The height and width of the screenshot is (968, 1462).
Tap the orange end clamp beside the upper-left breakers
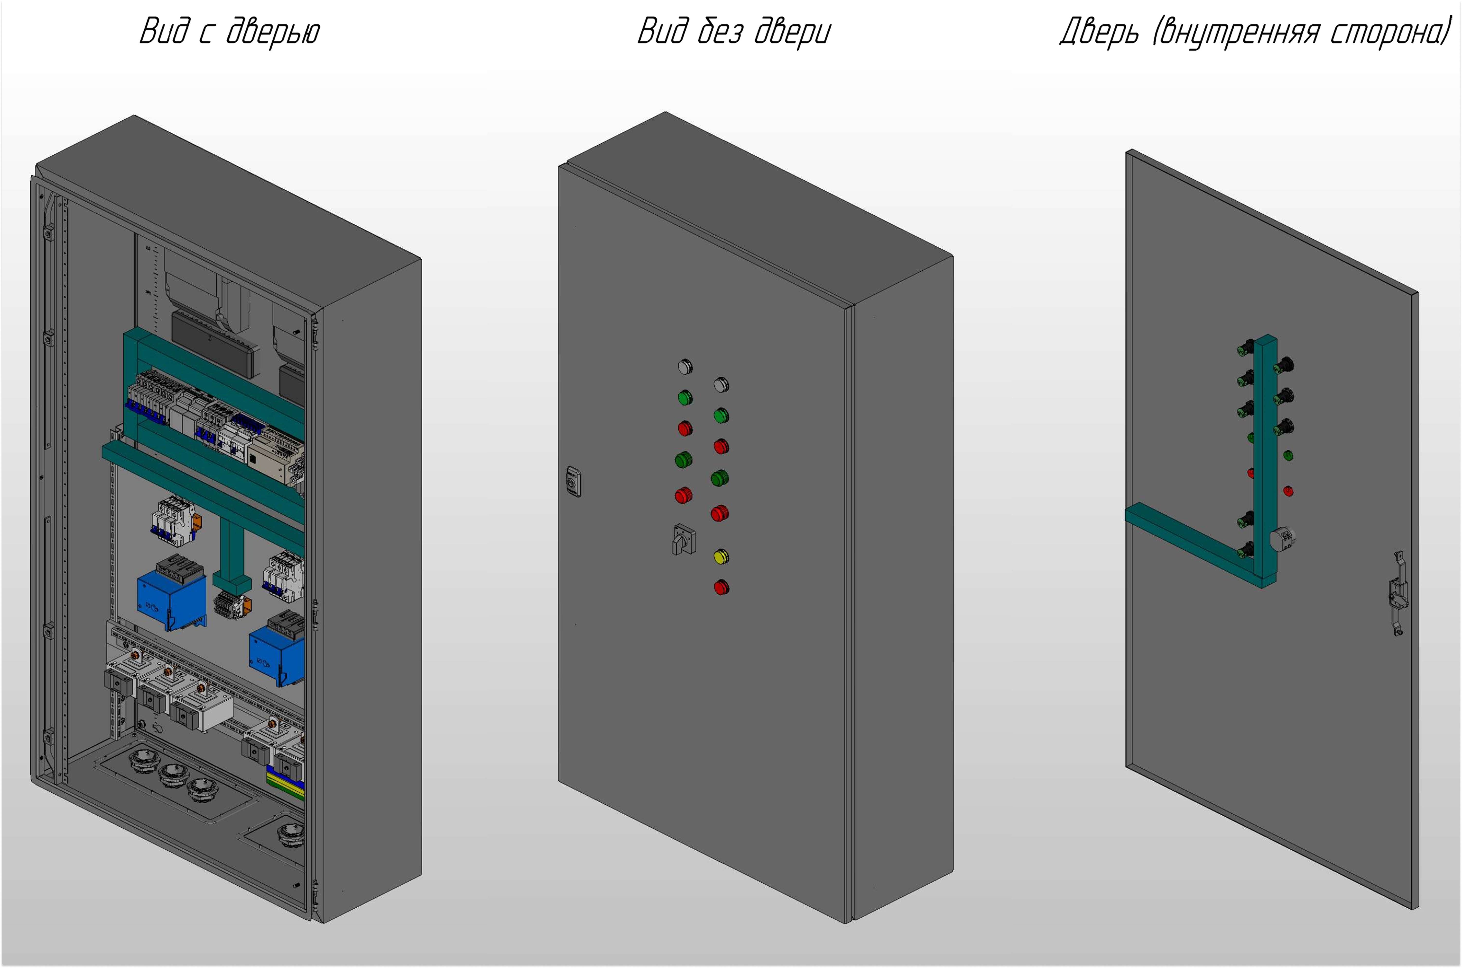coord(197,521)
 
